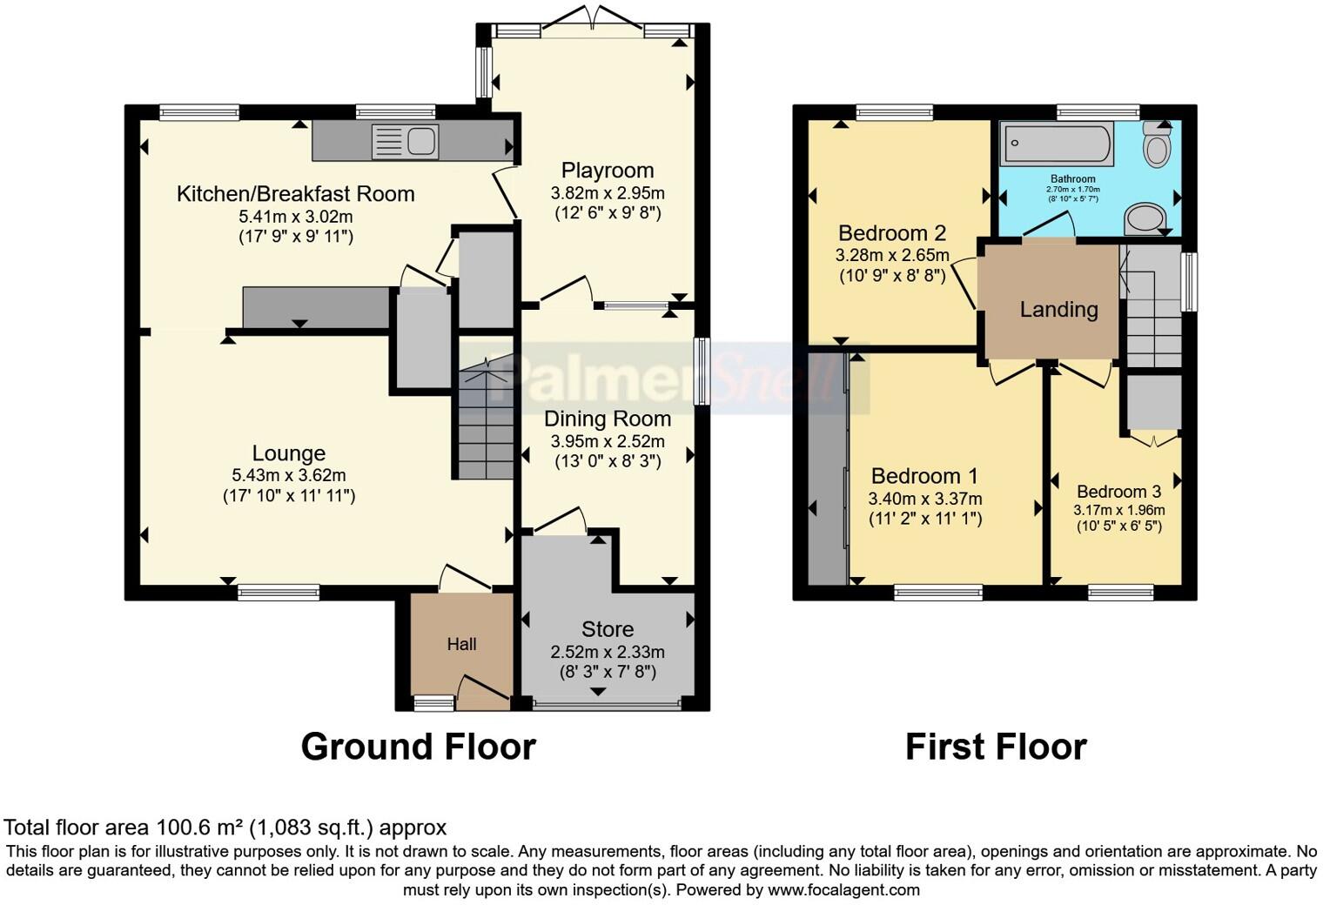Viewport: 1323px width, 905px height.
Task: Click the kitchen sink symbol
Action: click(x=406, y=141)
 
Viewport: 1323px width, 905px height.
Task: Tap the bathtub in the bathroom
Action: click(x=1057, y=144)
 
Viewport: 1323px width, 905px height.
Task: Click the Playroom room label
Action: click(x=607, y=171)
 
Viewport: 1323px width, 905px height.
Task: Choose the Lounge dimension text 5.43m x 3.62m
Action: click(x=288, y=475)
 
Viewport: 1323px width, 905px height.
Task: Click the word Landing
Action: click(x=1058, y=310)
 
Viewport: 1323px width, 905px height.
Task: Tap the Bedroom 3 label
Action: click(x=1118, y=492)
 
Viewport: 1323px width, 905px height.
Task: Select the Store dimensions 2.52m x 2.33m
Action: click(x=607, y=652)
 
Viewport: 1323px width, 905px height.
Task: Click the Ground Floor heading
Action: click(x=418, y=747)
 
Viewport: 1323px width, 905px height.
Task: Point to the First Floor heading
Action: click(x=996, y=747)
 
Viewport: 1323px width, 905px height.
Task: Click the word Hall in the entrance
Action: click(x=461, y=644)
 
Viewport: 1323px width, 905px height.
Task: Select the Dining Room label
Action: click(x=607, y=419)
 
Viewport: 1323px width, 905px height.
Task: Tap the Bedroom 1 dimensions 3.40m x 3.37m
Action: click(x=924, y=499)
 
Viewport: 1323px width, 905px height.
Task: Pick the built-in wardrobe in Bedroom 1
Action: click(x=827, y=470)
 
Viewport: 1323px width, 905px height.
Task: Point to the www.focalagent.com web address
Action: click(x=843, y=889)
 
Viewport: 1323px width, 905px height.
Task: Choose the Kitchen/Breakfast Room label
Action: click(x=295, y=193)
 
